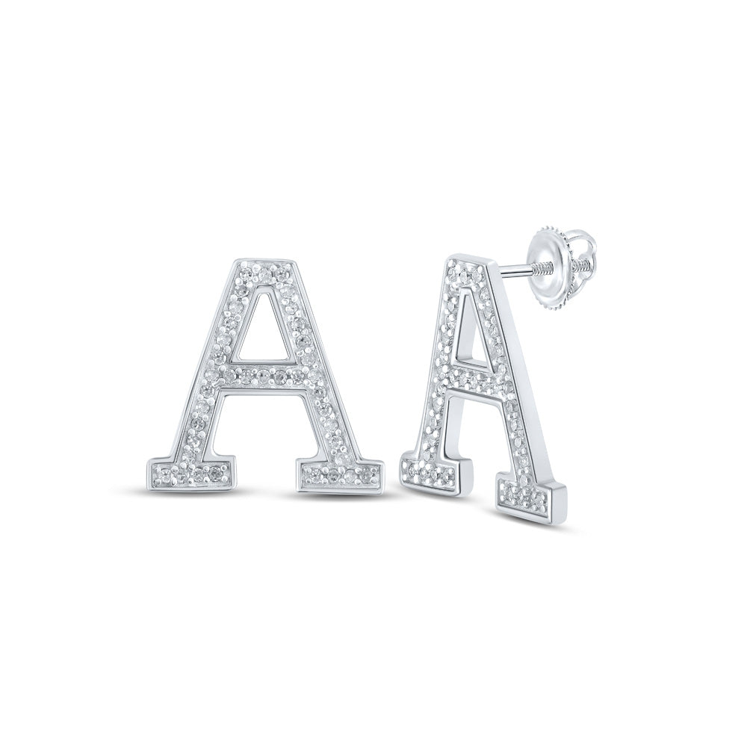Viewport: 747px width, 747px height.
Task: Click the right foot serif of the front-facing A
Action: pyautogui.click(x=341, y=473)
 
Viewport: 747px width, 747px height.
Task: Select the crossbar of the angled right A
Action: pyautogui.click(x=470, y=382)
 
